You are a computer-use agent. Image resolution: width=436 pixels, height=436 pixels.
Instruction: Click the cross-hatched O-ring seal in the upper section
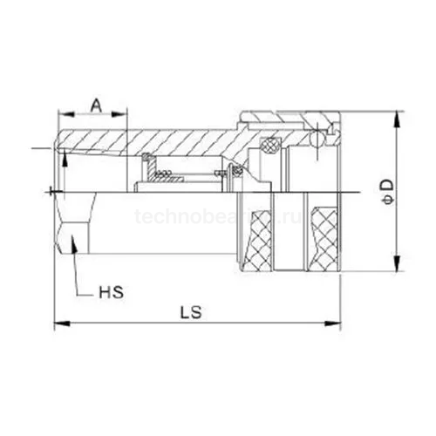[x=271, y=141]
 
